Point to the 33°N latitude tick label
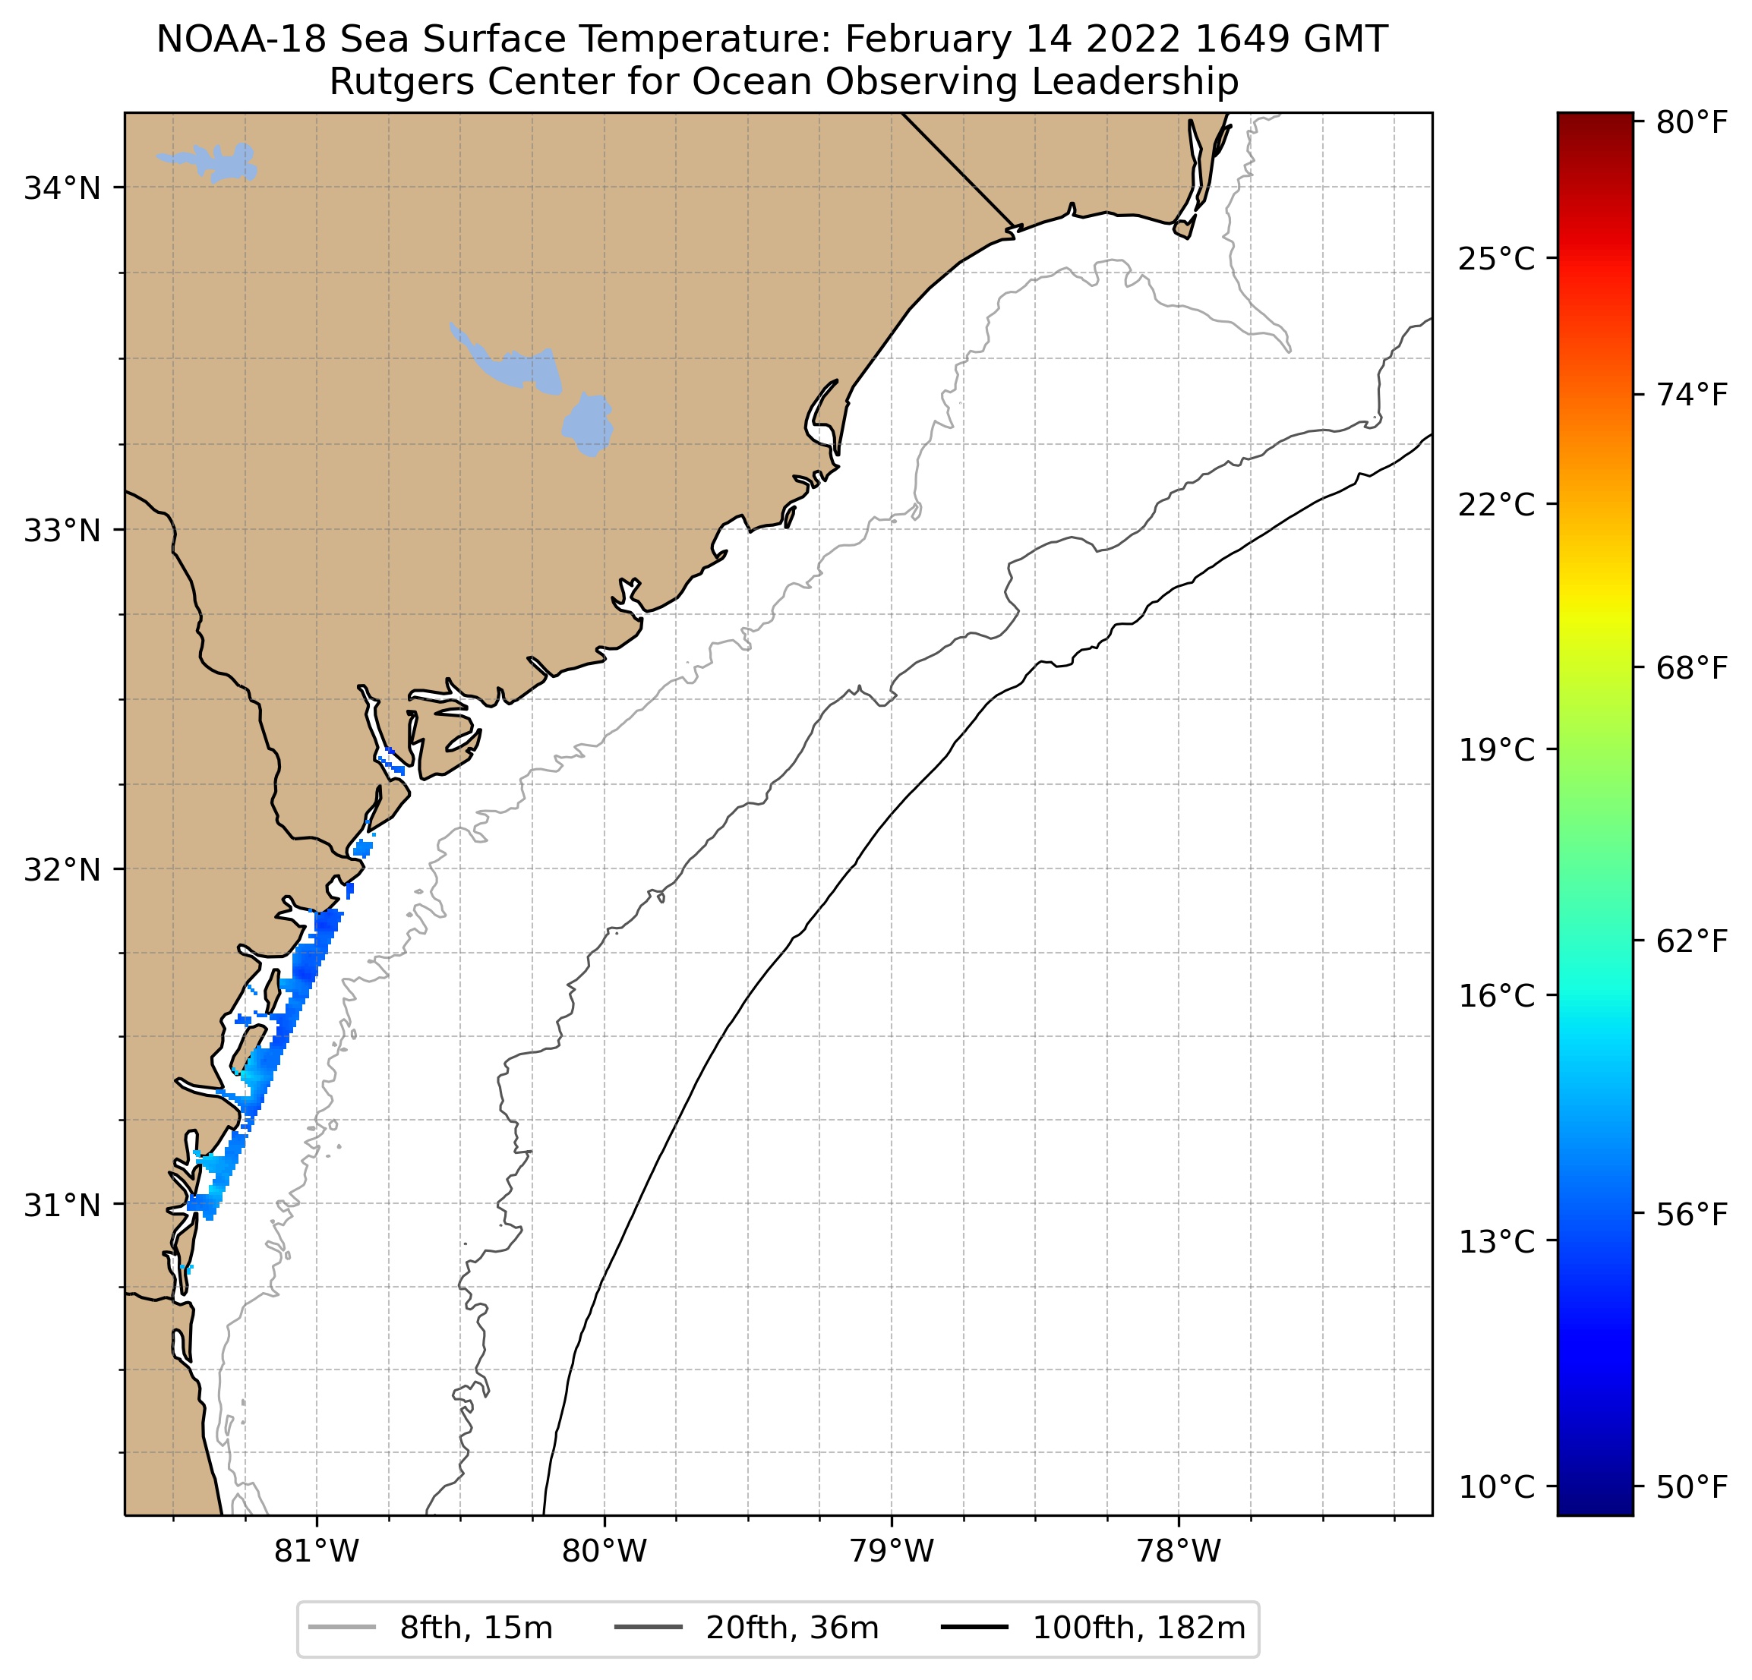62,531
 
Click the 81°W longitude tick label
317,1552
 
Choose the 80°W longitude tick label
605,1552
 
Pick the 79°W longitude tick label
892,1552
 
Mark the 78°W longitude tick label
1178,1552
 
